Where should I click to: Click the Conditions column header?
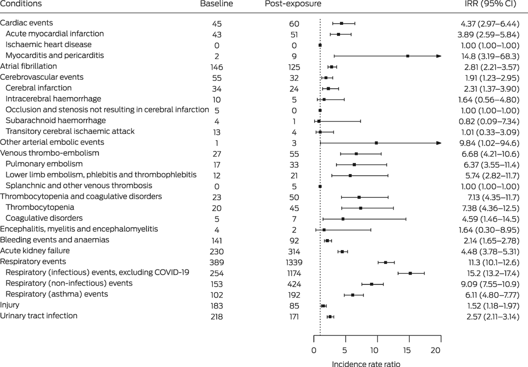click(x=21, y=4)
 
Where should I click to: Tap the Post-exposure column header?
click(x=293, y=4)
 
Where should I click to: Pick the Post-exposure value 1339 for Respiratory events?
click(x=292, y=262)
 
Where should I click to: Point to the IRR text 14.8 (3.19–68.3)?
click(x=490, y=56)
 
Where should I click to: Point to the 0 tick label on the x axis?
click(x=314, y=351)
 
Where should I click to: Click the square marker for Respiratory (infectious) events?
click(x=410, y=273)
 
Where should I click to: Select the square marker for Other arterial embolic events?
click(x=376, y=143)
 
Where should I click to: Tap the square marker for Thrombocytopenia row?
click(x=360, y=208)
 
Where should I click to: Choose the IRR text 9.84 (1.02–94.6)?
click(x=490, y=143)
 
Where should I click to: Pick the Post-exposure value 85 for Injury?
click(x=292, y=306)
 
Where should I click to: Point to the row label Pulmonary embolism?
click(x=44, y=164)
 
